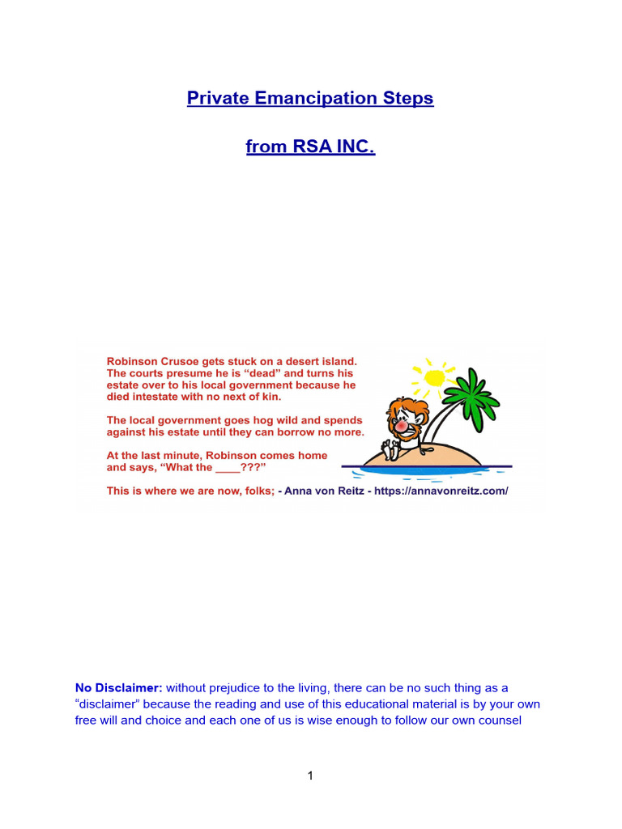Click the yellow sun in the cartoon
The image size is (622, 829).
click(435, 376)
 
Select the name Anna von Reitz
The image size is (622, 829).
click(318, 491)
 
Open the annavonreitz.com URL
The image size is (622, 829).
click(443, 491)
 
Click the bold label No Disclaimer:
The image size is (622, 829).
click(118, 687)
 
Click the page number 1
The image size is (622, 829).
click(310, 776)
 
